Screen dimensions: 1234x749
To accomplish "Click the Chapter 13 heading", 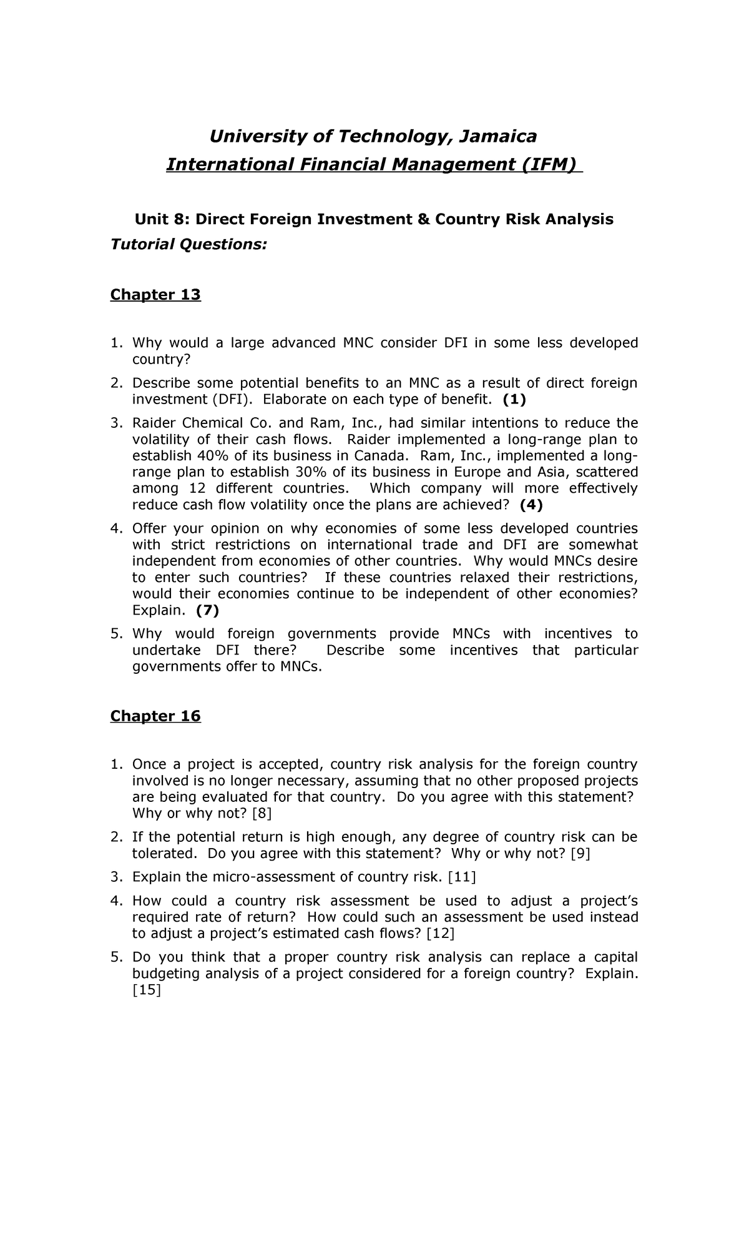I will pos(155,294).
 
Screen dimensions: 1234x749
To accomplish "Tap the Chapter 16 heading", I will pos(155,716).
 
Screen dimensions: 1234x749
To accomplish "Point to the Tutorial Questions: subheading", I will pos(188,244).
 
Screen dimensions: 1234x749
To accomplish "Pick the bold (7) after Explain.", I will pos(207,610).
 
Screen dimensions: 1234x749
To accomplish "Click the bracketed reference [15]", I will pos(147,990).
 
